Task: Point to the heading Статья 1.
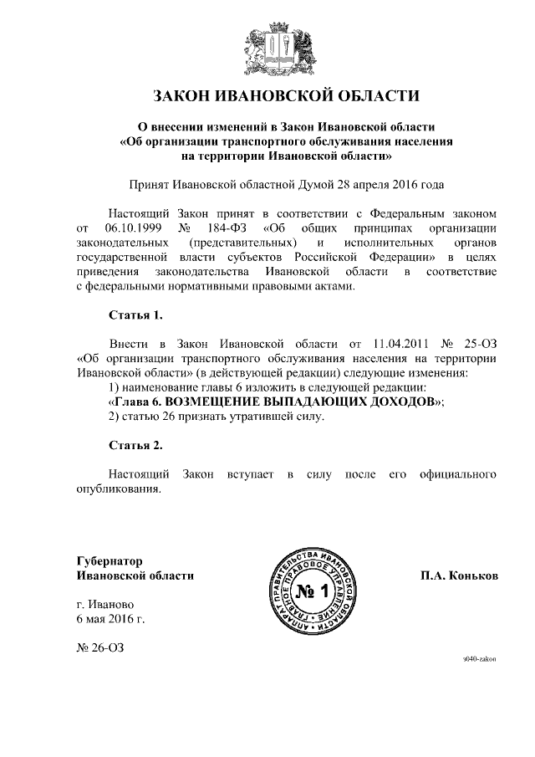pos(135,315)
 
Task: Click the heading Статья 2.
pos(135,443)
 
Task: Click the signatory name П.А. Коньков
pos(459,575)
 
